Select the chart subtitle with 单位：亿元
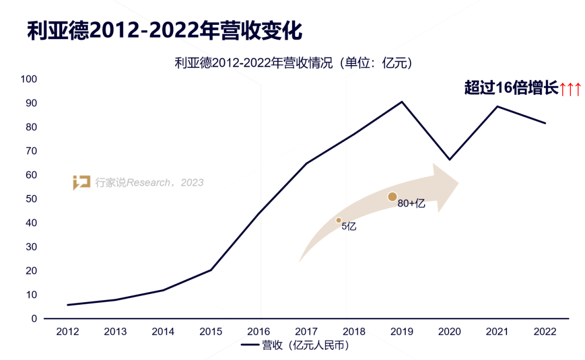point(294,63)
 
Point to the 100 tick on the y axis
point(29,80)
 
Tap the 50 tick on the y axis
point(31,199)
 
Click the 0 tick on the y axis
point(34,319)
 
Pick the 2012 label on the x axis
point(67,331)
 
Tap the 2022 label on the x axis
point(544,331)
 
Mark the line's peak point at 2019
point(402,102)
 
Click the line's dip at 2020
point(449,160)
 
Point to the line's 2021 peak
point(497,106)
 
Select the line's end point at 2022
point(545,123)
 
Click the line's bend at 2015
point(211,270)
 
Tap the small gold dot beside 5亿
point(339,220)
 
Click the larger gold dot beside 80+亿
point(393,197)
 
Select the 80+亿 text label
point(411,205)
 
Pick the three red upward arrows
point(570,89)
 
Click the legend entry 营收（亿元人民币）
point(295,345)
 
